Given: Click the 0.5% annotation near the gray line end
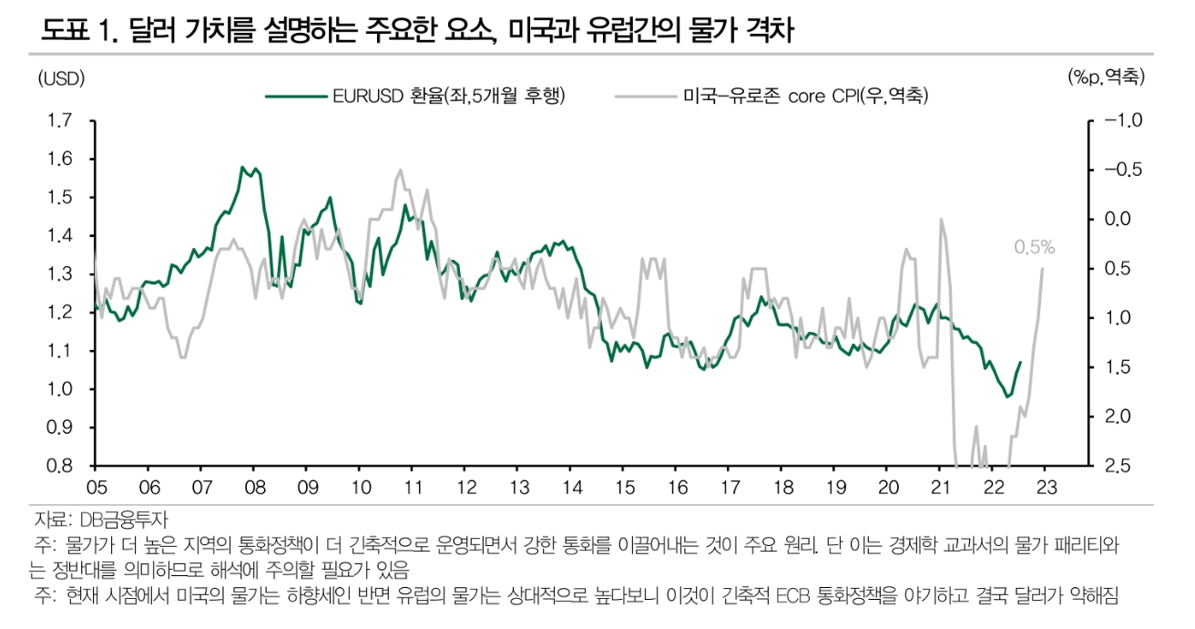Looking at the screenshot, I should click(1034, 246).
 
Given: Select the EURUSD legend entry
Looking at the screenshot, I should click(414, 95).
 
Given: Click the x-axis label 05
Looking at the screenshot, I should click(97, 487).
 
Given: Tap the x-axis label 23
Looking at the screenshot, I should click(1046, 487).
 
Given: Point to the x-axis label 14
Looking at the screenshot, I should click(571, 487).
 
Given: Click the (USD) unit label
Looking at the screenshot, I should click(61, 78).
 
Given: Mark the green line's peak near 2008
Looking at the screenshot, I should click(243, 168).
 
